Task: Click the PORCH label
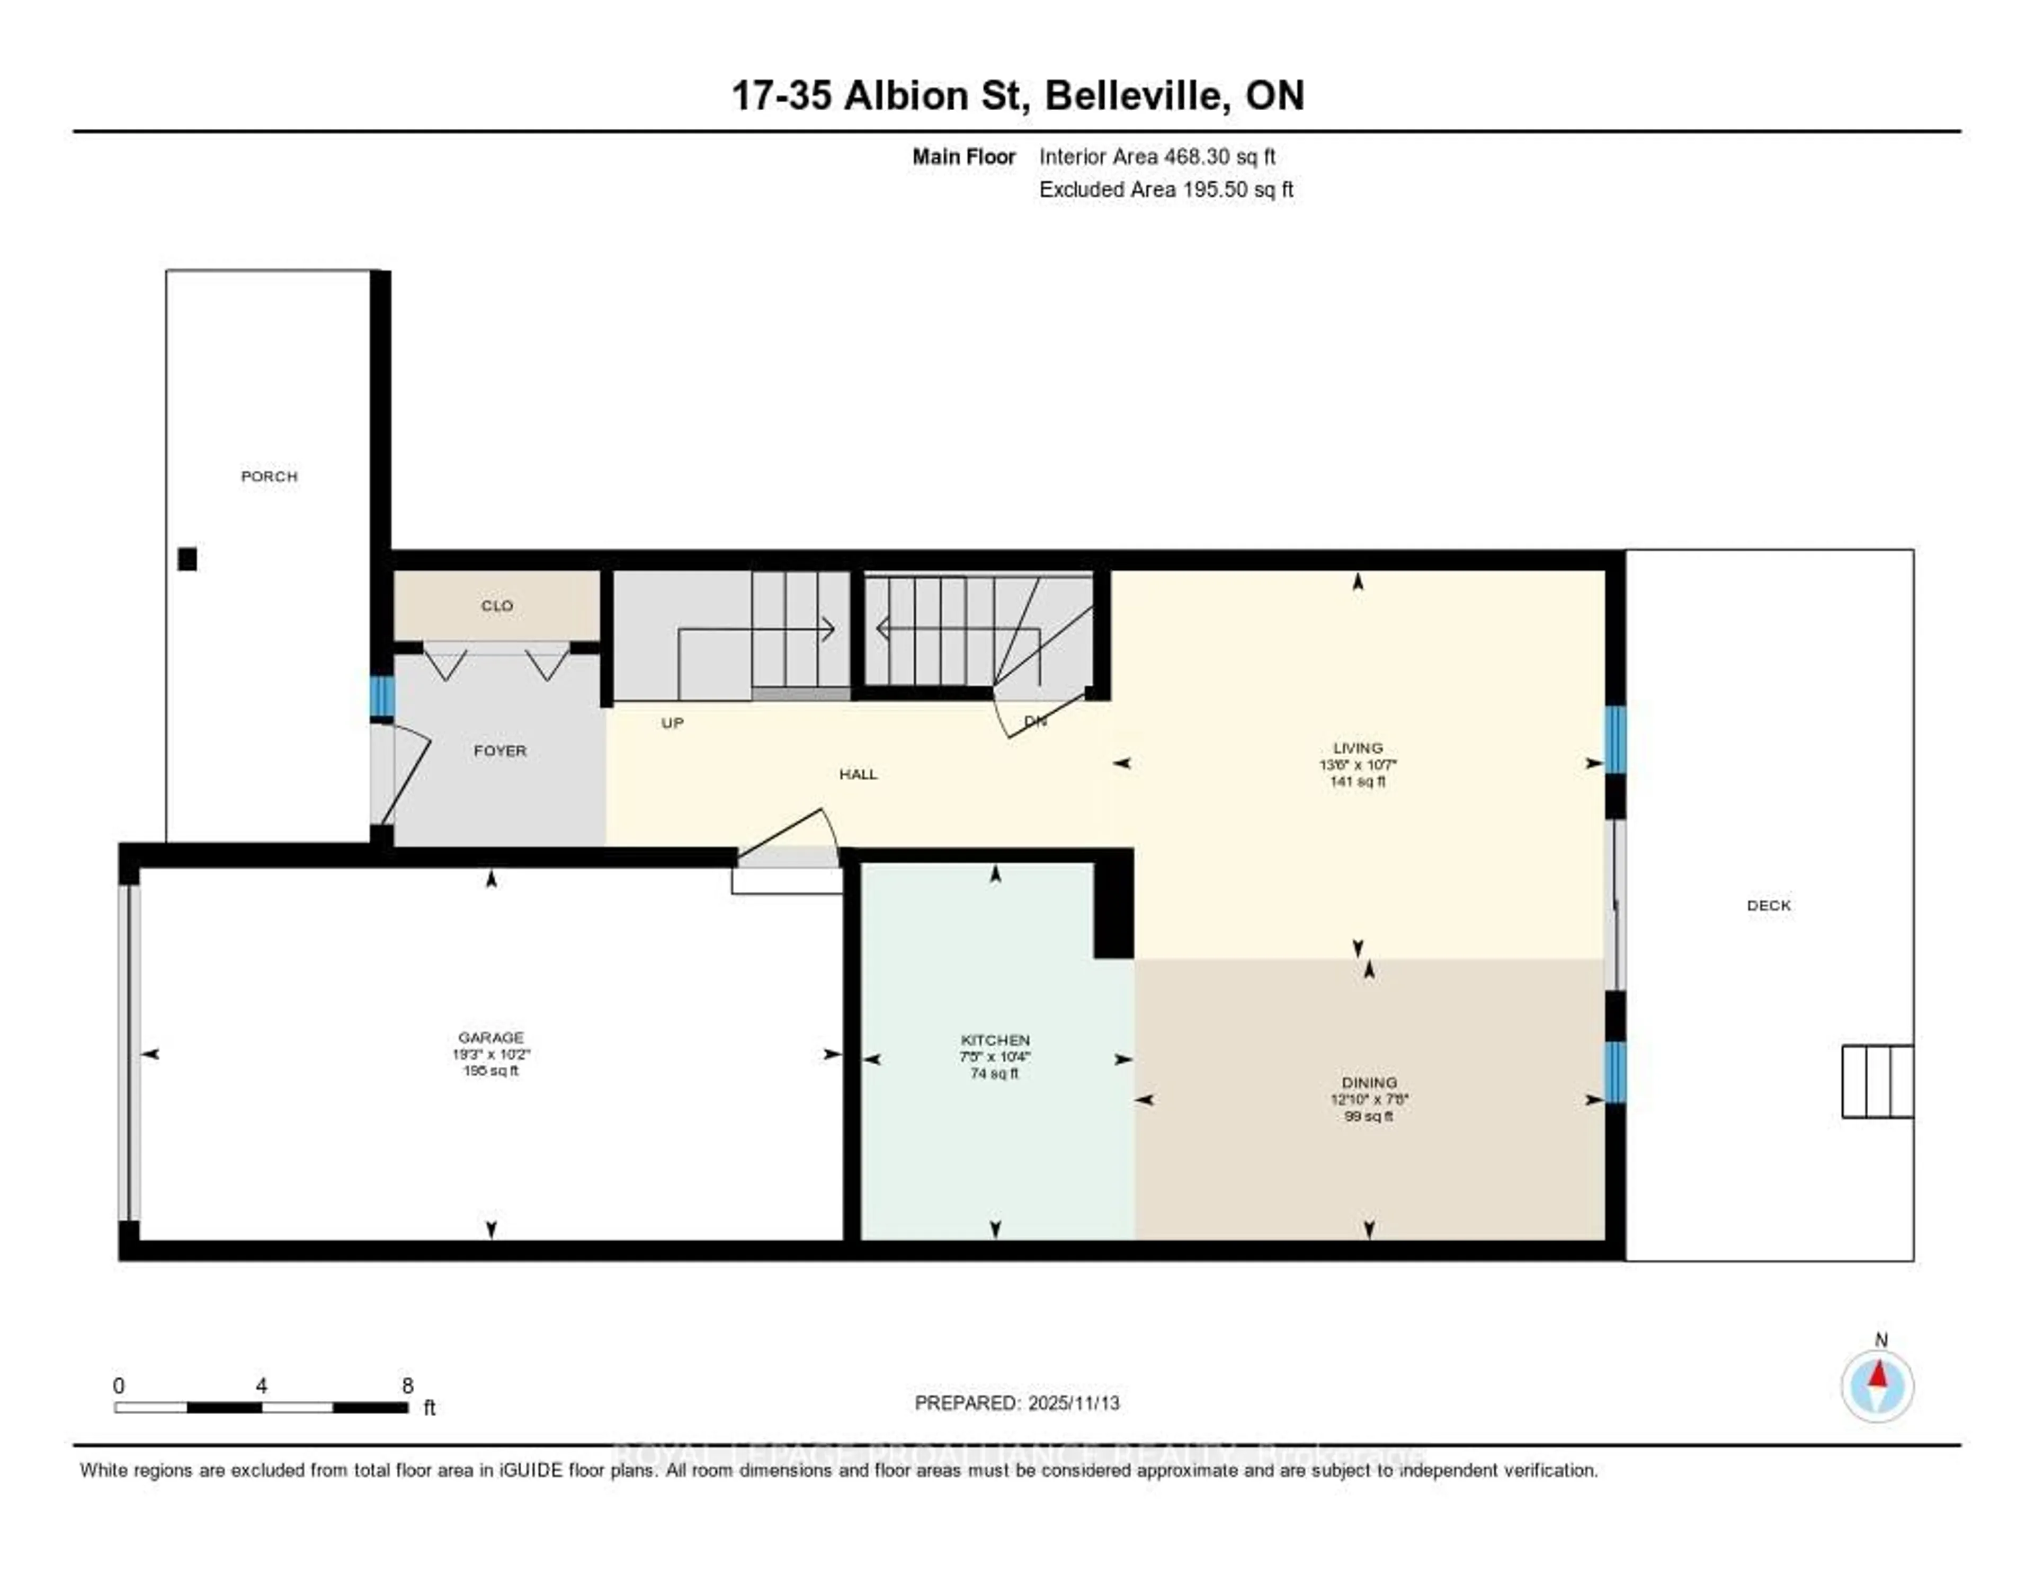pyautogui.click(x=269, y=476)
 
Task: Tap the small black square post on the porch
pyautogui.click(x=187, y=559)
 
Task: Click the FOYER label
pyautogui.click(x=500, y=751)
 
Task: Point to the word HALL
pyautogui.click(x=858, y=774)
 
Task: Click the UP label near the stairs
pyautogui.click(x=672, y=723)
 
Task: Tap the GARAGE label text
pyautogui.click(x=491, y=1037)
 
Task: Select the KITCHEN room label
pyautogui.click(x=995, y=1040)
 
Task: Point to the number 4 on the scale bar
pyautogui.click(x=262, y=1385)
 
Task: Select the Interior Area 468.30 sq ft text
pyautogui.click(x=1157, y=156)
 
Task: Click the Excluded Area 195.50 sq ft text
pyautogui.click(x=1166, y=189)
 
